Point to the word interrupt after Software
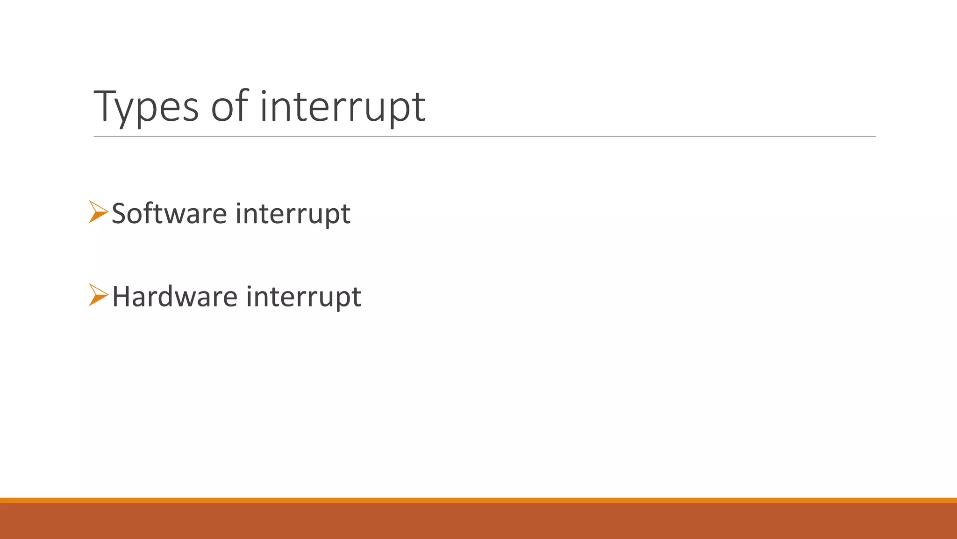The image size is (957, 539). click(293, 213)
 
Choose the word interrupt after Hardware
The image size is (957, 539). click(304, 297)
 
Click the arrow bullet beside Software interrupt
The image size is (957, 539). click(98, 211)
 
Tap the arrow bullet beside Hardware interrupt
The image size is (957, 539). click(98, 295)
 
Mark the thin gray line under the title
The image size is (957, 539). click(485, 137)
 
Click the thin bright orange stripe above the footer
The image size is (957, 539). click(478, 500)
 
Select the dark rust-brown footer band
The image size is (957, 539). click(478, 521)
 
